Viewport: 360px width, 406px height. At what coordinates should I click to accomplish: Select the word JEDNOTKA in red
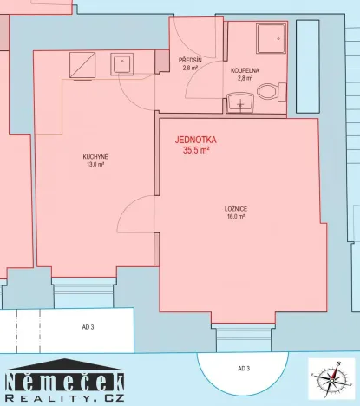195,139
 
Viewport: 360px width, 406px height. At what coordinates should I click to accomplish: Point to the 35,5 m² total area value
195,150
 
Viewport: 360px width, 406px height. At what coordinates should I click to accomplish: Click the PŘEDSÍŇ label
190,60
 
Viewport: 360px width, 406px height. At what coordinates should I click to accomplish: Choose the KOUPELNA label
245,69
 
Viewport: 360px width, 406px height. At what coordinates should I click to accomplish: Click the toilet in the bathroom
270,90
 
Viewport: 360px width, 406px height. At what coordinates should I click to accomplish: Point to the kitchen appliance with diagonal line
83,62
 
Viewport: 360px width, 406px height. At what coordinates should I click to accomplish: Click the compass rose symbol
333,380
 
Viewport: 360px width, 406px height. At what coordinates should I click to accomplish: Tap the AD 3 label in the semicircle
244,369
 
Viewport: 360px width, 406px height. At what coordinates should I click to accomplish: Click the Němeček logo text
65,381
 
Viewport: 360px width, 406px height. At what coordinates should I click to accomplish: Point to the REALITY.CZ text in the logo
65,397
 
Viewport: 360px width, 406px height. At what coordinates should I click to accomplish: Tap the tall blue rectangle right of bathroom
308,66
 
